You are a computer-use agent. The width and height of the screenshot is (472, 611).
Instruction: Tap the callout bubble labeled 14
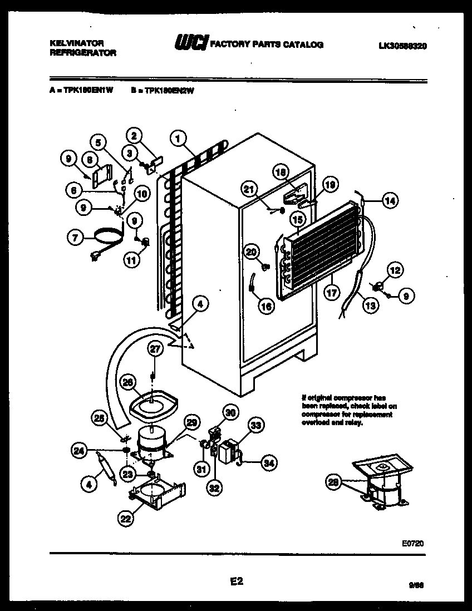pyautogui.click(x=390, y=201)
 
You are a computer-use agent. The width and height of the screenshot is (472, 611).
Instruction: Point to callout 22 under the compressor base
pyautogui.click(x=126, y=519)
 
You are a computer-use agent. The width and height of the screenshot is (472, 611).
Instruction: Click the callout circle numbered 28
pyautogui.click(x=333, y=484)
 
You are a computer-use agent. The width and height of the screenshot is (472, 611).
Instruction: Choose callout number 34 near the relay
pyautogui.click(x=269, y=461)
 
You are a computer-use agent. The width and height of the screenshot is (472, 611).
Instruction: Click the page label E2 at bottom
pyautogui.click(x=236, y=582)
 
